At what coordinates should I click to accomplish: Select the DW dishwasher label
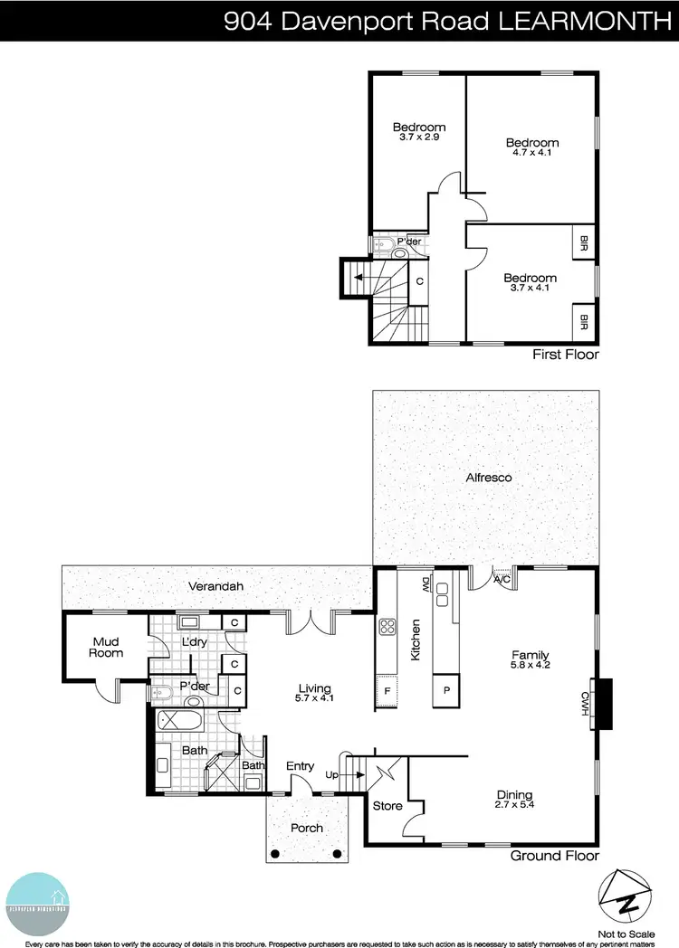pyautogui.click(x=424, y=585)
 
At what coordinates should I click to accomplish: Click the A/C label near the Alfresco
pyautogui.click(x=501, y=581)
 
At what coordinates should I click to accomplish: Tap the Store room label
pyautogui.click(x=387, y=805)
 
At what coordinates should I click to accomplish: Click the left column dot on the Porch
pyautogui.click(x=276, y=853)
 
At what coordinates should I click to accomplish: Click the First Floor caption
pyautogui.click(x=567, y=355)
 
